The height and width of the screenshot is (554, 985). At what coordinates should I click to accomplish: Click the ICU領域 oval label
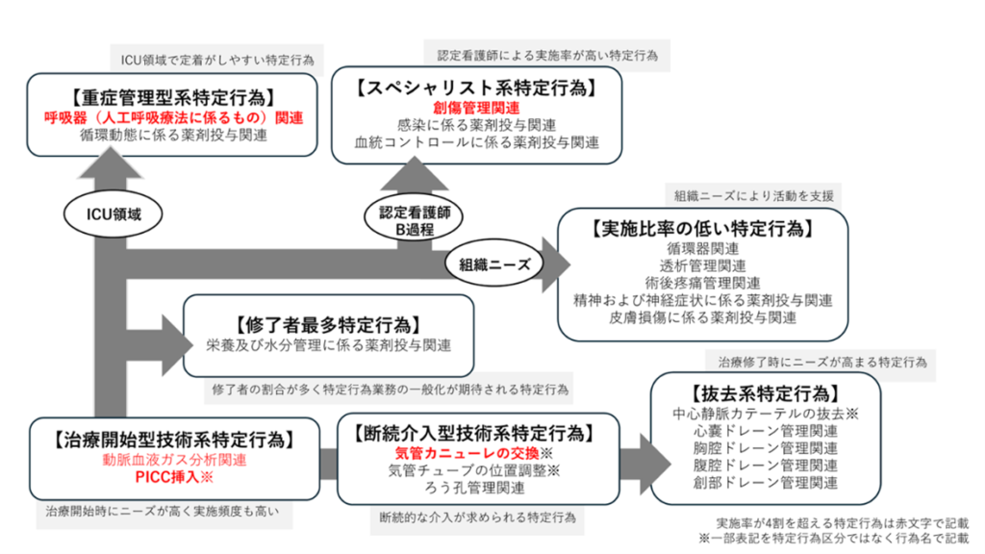point(114,214)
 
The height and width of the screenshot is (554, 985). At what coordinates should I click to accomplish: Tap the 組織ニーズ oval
point(494,264)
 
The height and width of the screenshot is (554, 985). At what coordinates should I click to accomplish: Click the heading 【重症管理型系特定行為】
point(172,97)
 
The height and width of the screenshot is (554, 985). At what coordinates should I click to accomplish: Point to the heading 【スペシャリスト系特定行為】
point(476,88)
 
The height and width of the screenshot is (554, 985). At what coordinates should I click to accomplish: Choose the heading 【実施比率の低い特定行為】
point(702,229)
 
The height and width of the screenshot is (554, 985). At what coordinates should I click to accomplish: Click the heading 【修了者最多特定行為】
point(328,325)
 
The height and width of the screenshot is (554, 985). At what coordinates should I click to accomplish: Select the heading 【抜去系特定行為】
point(765,393)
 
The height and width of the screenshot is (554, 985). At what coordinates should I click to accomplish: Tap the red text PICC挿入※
point(174,477)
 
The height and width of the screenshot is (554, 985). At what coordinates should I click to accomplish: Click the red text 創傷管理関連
point(476,108)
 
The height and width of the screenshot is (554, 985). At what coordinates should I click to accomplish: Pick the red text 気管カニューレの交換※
point(473,453)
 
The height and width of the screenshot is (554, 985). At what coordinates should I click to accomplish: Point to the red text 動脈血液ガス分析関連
point(174,460)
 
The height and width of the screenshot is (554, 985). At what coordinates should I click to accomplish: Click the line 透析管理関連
point(702,265)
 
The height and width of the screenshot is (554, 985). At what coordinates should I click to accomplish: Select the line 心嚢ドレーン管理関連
point(765,431)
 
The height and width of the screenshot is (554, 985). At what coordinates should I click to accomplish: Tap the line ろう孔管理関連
point(474,488)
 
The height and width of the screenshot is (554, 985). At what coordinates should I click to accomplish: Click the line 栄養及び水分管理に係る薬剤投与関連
point(329,345)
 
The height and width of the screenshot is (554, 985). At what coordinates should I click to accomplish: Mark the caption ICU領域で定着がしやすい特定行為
point(217,61)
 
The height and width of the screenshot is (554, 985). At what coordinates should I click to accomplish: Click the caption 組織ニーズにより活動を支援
point(754,196)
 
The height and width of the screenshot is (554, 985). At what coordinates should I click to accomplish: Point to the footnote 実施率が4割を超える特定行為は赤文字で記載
point(843,522)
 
